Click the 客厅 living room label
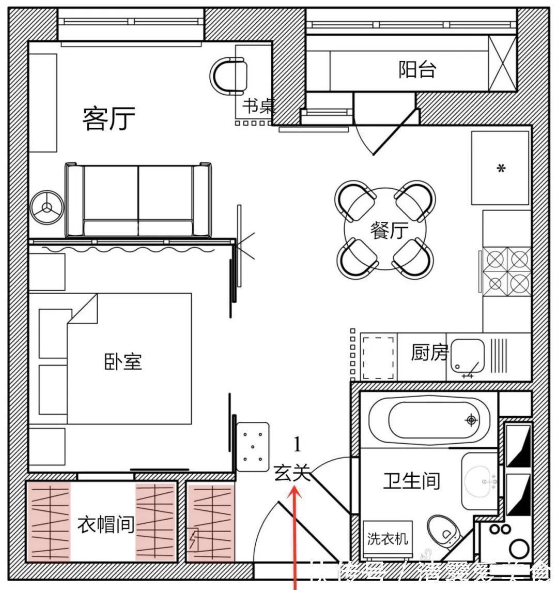tap(109, 119)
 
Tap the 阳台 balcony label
tap(417, 69)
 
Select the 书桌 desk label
tap(258, 107)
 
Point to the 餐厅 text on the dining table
tap(389, 230)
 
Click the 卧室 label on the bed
tap(123, 361)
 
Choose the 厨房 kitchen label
tap(429, 353)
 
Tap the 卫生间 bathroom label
tap(411, 480)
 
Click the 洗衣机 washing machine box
tap(388, 539)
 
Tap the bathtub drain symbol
tap(471, 419)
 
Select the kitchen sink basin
tap(467, 356)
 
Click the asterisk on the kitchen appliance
tap(500, 169)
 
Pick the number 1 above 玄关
tap(297, 443)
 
